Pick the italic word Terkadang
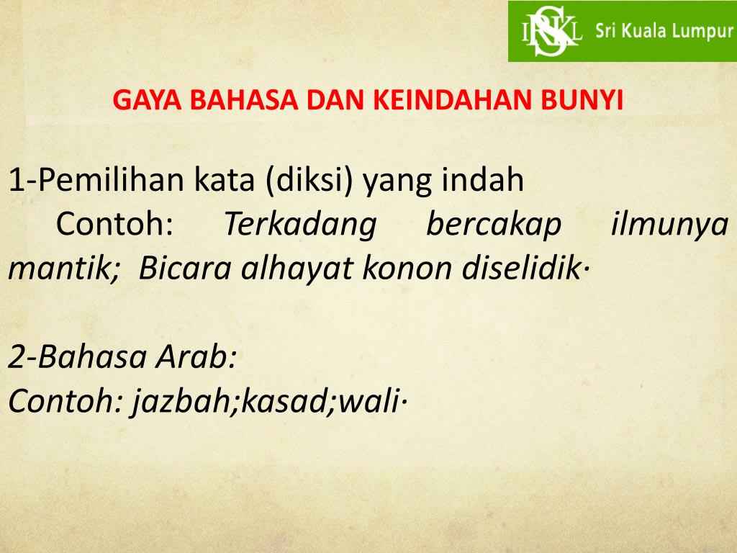click(x=299, y=225)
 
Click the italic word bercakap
click(x=493, y=225)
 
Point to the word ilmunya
click(x=669, y=225)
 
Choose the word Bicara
click(x=186, y=269)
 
